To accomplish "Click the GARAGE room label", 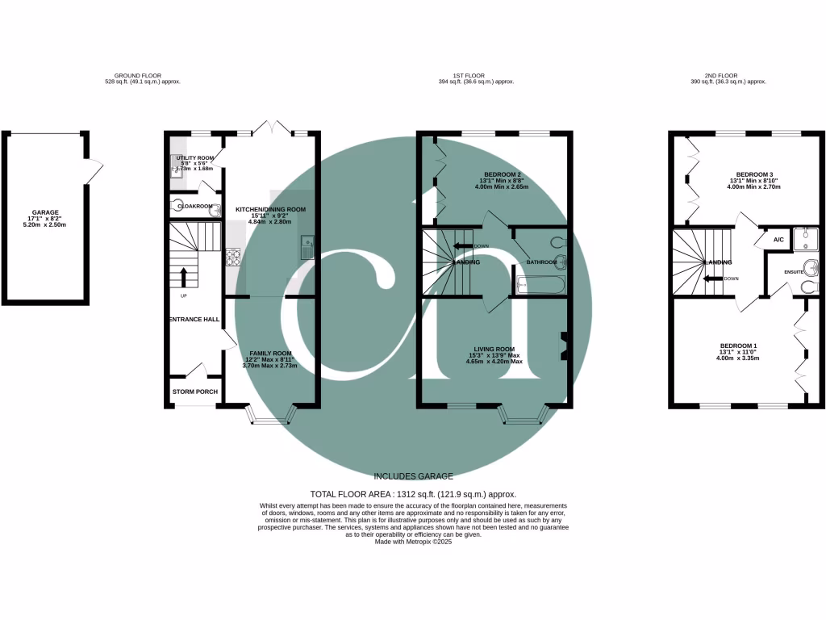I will point(45,212).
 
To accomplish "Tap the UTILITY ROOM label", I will point(194,158).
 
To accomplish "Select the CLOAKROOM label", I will point(194,206).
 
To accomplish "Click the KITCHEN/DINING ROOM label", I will point(270,209).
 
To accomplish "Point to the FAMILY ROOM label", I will point(269,354).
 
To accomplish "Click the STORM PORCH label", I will point(194,392).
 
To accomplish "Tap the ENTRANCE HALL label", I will point(194,320).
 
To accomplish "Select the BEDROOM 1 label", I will point(753,346).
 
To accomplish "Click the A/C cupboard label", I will point(778,240).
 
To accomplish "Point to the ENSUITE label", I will point(793,272).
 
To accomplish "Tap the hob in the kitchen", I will point(233,258).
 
